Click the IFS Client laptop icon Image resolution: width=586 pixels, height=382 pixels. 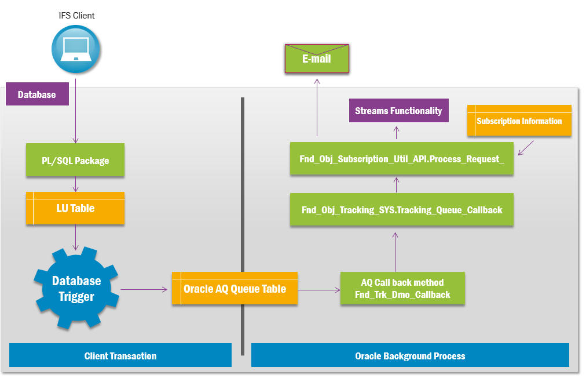[x=76, y=48]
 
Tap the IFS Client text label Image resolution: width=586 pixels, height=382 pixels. [x=76, y=16]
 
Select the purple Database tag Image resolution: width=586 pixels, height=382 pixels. [x=37, y=94]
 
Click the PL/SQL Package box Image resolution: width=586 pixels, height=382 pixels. [x=75, y=161]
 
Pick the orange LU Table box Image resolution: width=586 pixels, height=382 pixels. [x=75, y=208]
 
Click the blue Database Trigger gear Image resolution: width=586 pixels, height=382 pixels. [x=76, y=289]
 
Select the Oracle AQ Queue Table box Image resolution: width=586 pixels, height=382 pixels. [x=235, y=289]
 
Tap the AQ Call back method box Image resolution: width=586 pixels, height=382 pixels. [x=402, y=289]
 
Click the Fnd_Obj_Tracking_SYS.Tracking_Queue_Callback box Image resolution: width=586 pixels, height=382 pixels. [x=402, y=209]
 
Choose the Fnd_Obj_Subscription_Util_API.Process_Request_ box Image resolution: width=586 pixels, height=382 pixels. [x=402, y=158]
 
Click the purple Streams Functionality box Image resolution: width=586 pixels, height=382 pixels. [x=398, y=111]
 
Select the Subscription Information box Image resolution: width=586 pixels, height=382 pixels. [x=519, y=121]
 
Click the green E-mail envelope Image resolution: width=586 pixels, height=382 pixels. [x=317, y=59]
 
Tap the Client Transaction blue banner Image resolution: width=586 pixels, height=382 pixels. [x=120, y=355]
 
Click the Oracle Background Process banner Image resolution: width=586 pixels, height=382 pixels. [x=410, y=355]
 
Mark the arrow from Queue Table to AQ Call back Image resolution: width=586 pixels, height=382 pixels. [x=318, y=289]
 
